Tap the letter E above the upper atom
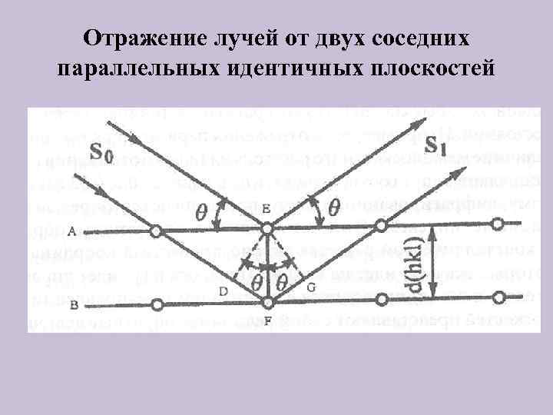(x=266, y=208)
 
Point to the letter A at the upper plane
(x=71, y=231)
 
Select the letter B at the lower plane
(x=73, y=304)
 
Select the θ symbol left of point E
(x=203, y=211)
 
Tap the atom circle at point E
(x=267, y=229)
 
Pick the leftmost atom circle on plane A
(x=156, y=231)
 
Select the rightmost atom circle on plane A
(x=498, y=224)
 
